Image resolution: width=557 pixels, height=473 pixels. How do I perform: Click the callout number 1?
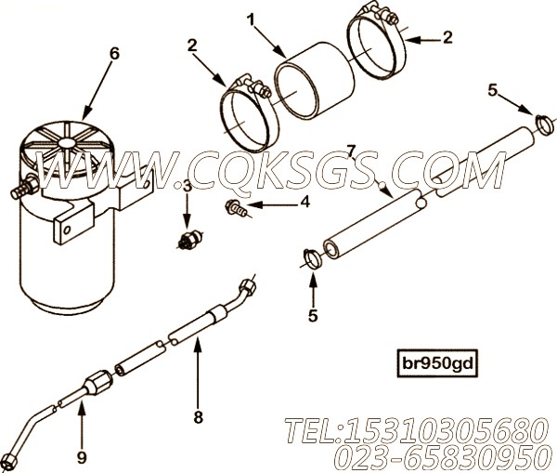point(252,20)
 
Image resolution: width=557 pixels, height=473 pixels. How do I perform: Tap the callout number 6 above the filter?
point(114,54)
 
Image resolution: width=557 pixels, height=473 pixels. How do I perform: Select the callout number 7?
point(351,151)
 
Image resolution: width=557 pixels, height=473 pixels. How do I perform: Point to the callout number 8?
point(199,417)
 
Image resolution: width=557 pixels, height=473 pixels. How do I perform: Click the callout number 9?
point(82,457)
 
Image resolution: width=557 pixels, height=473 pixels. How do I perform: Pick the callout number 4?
point(304,202)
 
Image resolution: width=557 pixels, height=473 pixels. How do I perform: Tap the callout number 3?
point(187,187)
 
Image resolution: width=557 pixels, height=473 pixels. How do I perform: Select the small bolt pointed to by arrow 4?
point(236,208)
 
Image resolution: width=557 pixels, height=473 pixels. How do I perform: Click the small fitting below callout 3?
point(189,240)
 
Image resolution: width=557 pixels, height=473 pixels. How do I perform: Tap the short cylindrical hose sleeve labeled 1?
point(315,80)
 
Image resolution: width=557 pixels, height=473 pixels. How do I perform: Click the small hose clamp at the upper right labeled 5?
point(544,125)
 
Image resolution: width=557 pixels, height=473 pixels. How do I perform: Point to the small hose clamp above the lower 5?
point(313,259)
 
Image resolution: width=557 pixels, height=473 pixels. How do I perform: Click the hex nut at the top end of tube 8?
point(247,286)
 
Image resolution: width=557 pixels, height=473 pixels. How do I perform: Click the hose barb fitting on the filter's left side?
point(23,188)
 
